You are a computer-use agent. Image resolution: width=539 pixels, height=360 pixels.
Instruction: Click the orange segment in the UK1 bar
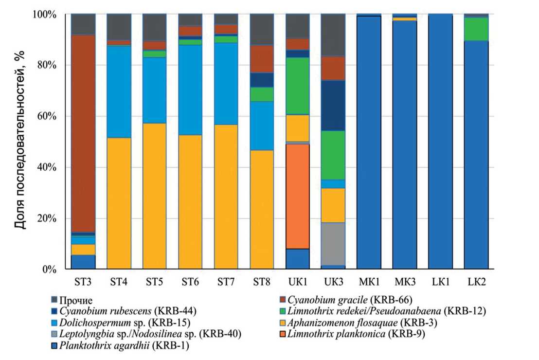tap(298, 196)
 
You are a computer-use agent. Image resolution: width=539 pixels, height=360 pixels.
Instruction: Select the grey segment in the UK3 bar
tap(334, 244)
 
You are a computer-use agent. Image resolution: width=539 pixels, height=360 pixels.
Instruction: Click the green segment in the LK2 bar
tap(476, 29)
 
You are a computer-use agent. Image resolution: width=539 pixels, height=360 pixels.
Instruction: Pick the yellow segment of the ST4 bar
tap(119, 203)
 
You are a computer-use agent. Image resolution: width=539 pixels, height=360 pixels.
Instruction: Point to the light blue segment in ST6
tap(190, 90)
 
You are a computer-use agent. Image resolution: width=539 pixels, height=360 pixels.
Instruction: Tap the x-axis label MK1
tap(369, 282)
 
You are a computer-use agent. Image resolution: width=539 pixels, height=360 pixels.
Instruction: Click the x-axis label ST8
tap(262, 282)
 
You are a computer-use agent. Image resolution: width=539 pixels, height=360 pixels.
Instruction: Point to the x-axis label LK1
tap(440, 282)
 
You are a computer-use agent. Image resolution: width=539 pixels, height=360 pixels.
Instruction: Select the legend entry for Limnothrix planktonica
tap(357, 335)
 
